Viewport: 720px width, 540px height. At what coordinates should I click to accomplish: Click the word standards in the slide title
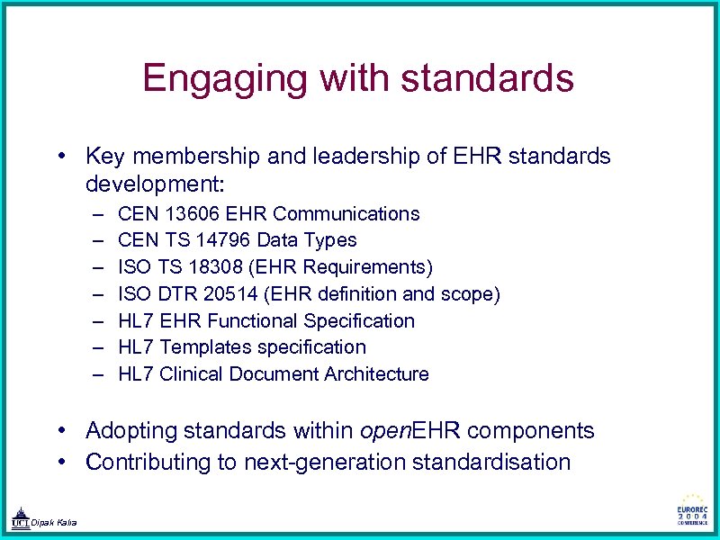pos(487,78)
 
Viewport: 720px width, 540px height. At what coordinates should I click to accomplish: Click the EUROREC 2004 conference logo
pos(693,511)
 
